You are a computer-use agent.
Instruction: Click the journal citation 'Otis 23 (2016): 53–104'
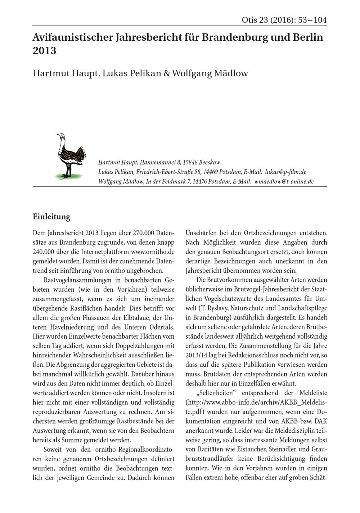pyautogui.click(x=284, y=20)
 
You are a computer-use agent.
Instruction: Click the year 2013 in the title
pyautogui.click(x=44, y=51)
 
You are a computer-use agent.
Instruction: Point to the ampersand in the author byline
pyautogui.click(x=166, y=73)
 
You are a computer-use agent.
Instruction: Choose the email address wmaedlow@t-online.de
pyautogui.click(x=284, y=182)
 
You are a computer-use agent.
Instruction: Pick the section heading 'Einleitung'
pyautogui.click(x=51, y=217)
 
